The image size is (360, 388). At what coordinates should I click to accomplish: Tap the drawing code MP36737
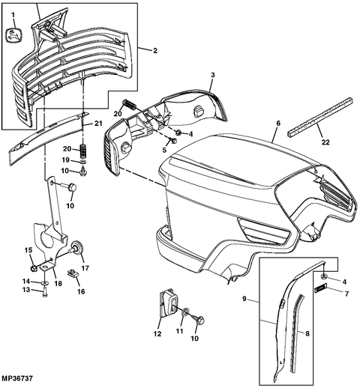click(16, 378)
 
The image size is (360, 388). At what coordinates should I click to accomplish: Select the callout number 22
click(325, 142)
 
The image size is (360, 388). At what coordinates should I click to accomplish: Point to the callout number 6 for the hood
click(278, 123)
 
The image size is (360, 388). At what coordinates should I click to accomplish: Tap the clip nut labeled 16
click(73, 273)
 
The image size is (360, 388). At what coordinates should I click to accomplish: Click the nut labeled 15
click(34, 268)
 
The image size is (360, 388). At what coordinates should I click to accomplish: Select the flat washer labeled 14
click(45, 282)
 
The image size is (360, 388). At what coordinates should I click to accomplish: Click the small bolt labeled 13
click(45, 292)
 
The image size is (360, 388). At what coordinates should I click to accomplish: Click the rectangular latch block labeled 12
click(168, 303)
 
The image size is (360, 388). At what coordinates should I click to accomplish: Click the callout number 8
click(307, 333)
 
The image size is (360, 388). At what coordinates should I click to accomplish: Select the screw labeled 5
click(173, 141)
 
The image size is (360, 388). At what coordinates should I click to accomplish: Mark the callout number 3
click(213, 75)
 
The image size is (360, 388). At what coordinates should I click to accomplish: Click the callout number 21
click(98, 123)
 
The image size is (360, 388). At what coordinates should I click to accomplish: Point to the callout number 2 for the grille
click(155, 50)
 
